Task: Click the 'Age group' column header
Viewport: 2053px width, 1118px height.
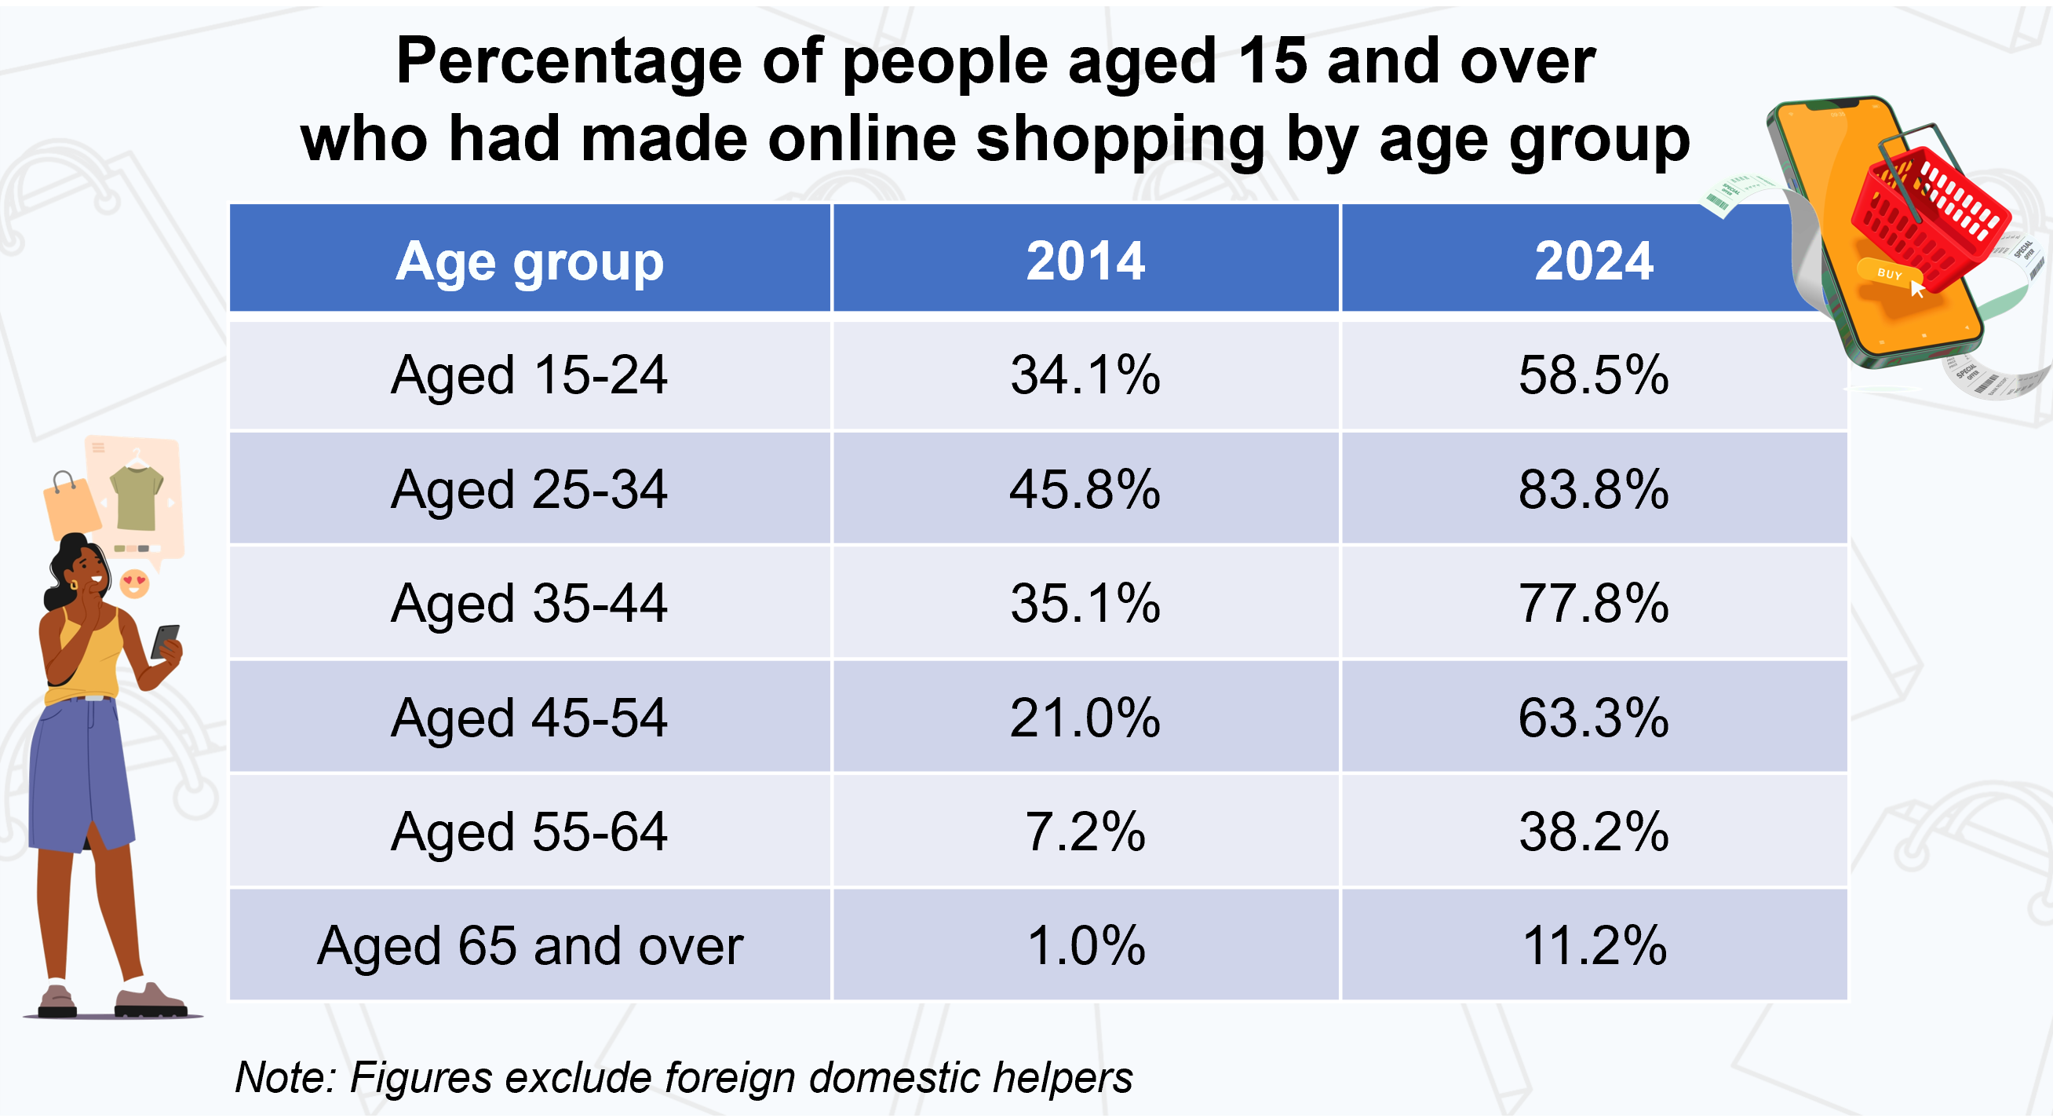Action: click(x=529, y=261)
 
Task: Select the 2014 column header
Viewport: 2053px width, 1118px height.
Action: click(x=1085, y=261)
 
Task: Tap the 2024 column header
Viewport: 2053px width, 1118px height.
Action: click(x=1593, y=261)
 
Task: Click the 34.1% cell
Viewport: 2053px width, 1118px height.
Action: click(x=1085, y=374)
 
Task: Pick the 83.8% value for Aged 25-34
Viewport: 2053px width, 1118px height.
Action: click(x=1593, y=489)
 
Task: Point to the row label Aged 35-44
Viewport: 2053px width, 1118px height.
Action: click(x=529, y=603)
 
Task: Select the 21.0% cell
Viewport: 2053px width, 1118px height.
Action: click(x=1085, y=718)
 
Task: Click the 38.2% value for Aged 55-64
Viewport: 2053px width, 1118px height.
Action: click(x=1593, y=831)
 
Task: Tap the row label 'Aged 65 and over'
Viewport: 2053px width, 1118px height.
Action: click(x=529, y=946)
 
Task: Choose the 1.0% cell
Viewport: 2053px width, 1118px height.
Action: click(x=1085, y=946)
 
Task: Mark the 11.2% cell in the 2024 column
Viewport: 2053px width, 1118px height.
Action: click(x=1593, y=946)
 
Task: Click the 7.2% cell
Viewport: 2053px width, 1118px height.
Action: click(x=1085, y=831)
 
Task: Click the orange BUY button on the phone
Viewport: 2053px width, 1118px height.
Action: click(x=1888, y=273)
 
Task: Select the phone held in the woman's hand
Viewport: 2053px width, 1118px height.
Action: click(x=165, y=641)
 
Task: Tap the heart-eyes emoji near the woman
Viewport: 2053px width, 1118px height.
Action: click(x=134, y=583)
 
